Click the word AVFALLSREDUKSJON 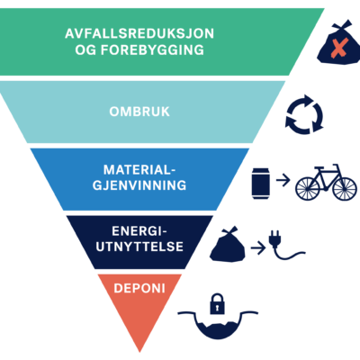click(x=139, y=33)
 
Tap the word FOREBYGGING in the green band click(x=152, y=49)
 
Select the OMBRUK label click(x=139, y=112)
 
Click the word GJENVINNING click(x=139, y=185)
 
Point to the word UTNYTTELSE click(x=139, y=247)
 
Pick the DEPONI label click(x=139, y=288)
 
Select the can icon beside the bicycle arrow click(x=261, y=184)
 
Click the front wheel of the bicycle click(x=345, y=189)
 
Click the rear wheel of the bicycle click(x=308, y=189)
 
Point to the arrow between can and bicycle click(x=283, y=180)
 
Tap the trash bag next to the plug click(x=227, y=245)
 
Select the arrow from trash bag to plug click(x=258, y=248)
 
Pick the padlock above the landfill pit click(x=218, y=304)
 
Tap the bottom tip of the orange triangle click(x=139, y=352)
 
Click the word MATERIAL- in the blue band click(x=139, y=170)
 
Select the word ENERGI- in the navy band click(x=139, y=231)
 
